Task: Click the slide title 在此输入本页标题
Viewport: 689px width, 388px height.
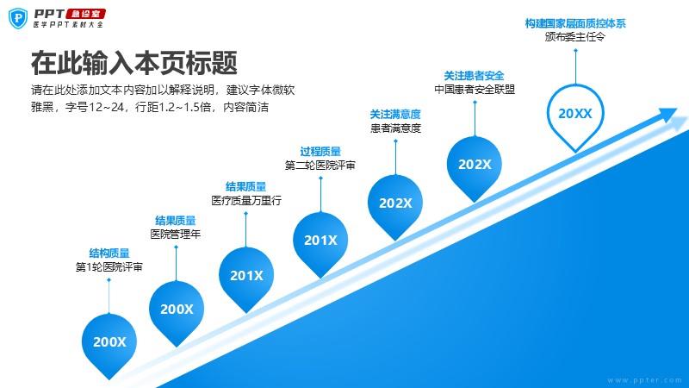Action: coord(134,63)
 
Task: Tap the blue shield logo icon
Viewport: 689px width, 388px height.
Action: coord(18,18)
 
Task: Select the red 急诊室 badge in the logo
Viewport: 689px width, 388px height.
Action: coord(85,14)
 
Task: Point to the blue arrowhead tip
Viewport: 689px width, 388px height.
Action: coord(677,110)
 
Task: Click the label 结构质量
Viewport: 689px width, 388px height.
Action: coord(109,253)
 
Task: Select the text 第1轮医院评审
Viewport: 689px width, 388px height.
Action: coord(109,266)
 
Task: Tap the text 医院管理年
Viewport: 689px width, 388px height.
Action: coord(176,234)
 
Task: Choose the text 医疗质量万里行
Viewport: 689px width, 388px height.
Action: coord(246,201)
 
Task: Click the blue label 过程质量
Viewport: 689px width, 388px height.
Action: coord(320,152)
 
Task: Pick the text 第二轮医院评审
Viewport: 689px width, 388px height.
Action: coord(320,166)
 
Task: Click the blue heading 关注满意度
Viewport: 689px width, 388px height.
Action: coord(395,115)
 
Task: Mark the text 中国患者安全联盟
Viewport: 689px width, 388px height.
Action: coord(475,90)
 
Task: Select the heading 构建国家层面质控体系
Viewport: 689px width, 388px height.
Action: coord(575,23)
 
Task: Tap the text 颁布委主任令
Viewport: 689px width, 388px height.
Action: coord(574,37)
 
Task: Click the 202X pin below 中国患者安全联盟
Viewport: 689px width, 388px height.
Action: coord(475,167)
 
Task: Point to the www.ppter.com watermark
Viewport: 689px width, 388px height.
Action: coord(644,380)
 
